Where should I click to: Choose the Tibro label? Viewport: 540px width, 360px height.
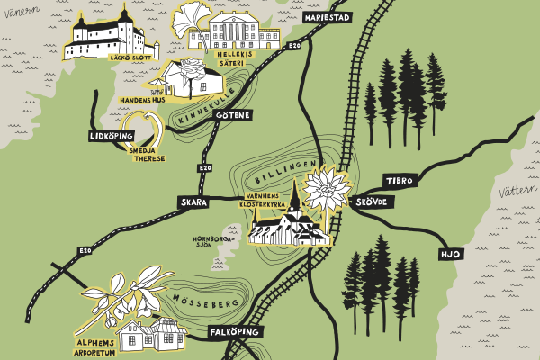point(399,181)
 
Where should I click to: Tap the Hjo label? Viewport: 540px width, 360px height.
point(449,255)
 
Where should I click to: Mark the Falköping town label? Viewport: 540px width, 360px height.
point(235,332)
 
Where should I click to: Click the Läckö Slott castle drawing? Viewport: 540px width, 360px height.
point(112,36)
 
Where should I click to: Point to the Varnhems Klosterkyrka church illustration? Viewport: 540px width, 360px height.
point(288,226)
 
